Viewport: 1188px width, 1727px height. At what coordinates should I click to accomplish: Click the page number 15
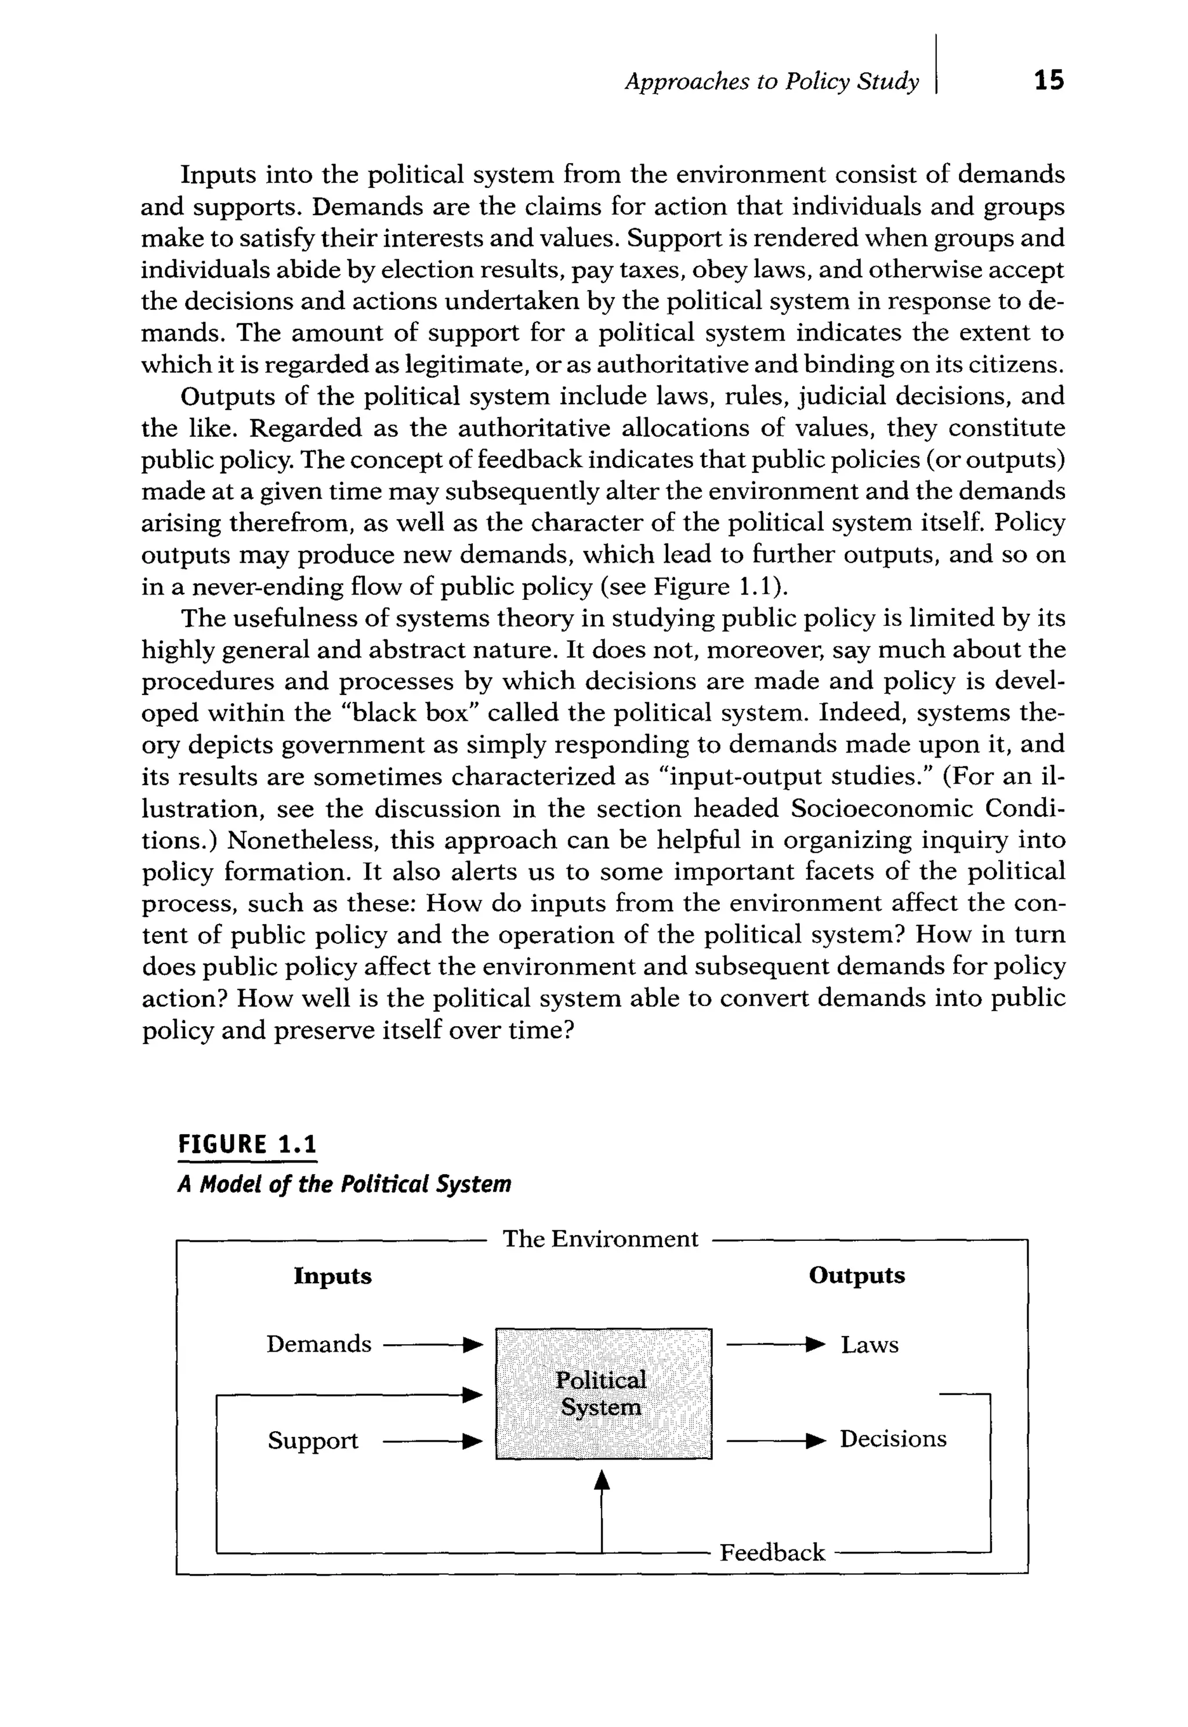[x=1049, y=81]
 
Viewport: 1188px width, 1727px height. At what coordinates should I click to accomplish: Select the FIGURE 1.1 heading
[x=247, y=1144]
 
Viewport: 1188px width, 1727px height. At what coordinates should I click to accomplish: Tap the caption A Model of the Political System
[x=344, y=1185]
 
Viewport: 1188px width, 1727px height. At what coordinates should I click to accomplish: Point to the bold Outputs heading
[x=857, y=1275]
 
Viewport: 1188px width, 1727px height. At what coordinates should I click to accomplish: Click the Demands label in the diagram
[x=318, y=1344]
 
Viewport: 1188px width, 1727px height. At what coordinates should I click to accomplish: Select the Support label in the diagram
[x=313, y=1441]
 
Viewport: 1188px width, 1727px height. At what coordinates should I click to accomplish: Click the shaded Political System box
[x=603, y=1393]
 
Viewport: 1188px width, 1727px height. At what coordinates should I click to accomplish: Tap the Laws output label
[x=870, y=1345]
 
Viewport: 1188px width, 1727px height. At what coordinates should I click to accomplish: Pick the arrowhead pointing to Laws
[x=817, y=1344]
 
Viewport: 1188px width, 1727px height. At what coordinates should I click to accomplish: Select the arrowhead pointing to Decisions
[x=817, y=1440]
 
